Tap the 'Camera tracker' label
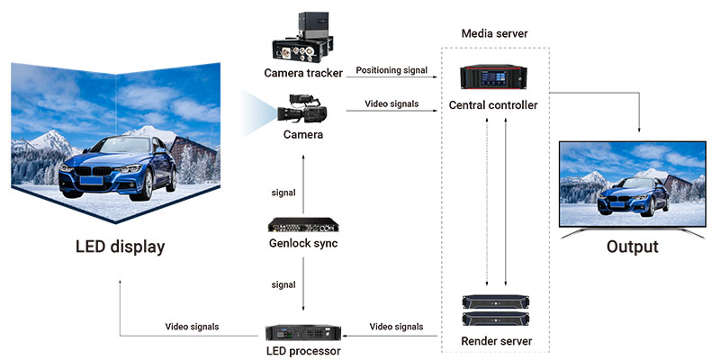[x=302, y=72]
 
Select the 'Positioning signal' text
[x=393, y=70]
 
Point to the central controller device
[x=494, y=79]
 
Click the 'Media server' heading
[x=494, y=33]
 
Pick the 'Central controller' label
[x=493, y=105]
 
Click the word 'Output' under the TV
[x=632, y=247]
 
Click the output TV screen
[x=632, y=180]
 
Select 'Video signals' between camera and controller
[x=391, y=103]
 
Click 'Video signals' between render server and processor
[x=398, y=326]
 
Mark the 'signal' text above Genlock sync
[x=283, y=193]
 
